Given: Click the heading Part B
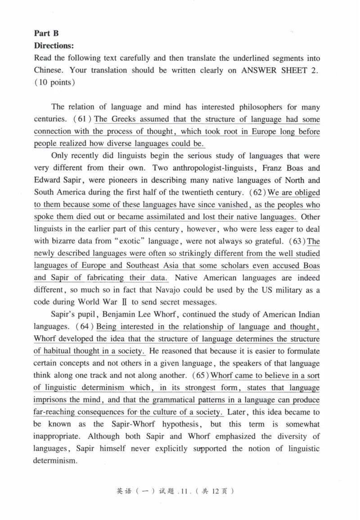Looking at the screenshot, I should point(47,33).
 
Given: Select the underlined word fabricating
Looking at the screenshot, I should point(101,278).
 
